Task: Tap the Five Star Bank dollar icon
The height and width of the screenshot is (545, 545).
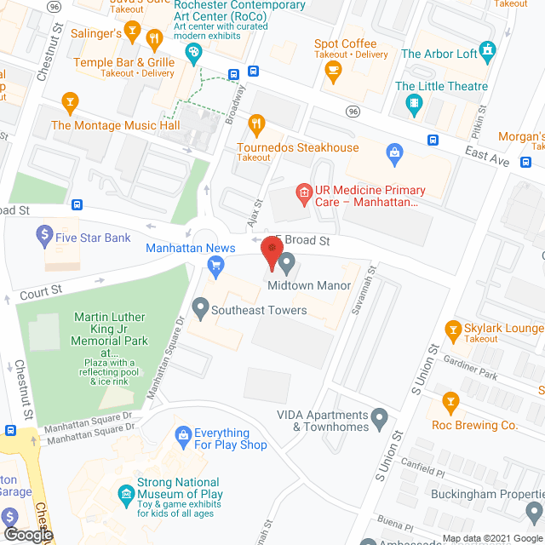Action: click(44, 232)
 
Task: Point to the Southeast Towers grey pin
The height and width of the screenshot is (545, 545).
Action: click(200, 305)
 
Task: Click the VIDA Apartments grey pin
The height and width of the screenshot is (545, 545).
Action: click(381, 416)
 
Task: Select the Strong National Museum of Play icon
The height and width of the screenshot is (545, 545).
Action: click(126, 493)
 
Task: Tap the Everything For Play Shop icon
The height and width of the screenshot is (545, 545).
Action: click(182, 437)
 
